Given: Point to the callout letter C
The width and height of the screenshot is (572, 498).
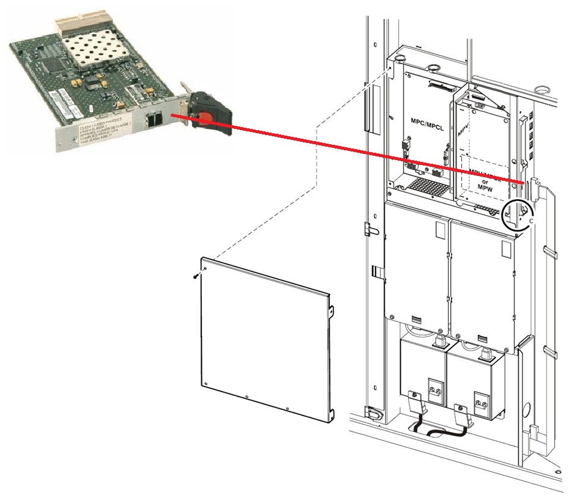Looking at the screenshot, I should tap(531, 220).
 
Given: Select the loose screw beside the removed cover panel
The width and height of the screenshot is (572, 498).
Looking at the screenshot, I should tap(195, 277).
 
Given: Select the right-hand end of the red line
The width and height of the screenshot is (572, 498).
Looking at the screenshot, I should tap(523, 183).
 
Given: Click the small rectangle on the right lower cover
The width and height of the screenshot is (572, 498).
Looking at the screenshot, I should tap(505, 248).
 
